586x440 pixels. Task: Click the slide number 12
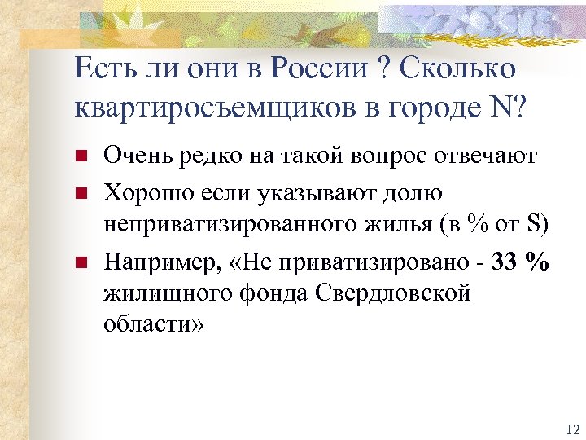pyautogui.click(x=569, y=429)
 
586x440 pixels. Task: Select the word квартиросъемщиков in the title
pyautogui.click(x=204, y=108)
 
